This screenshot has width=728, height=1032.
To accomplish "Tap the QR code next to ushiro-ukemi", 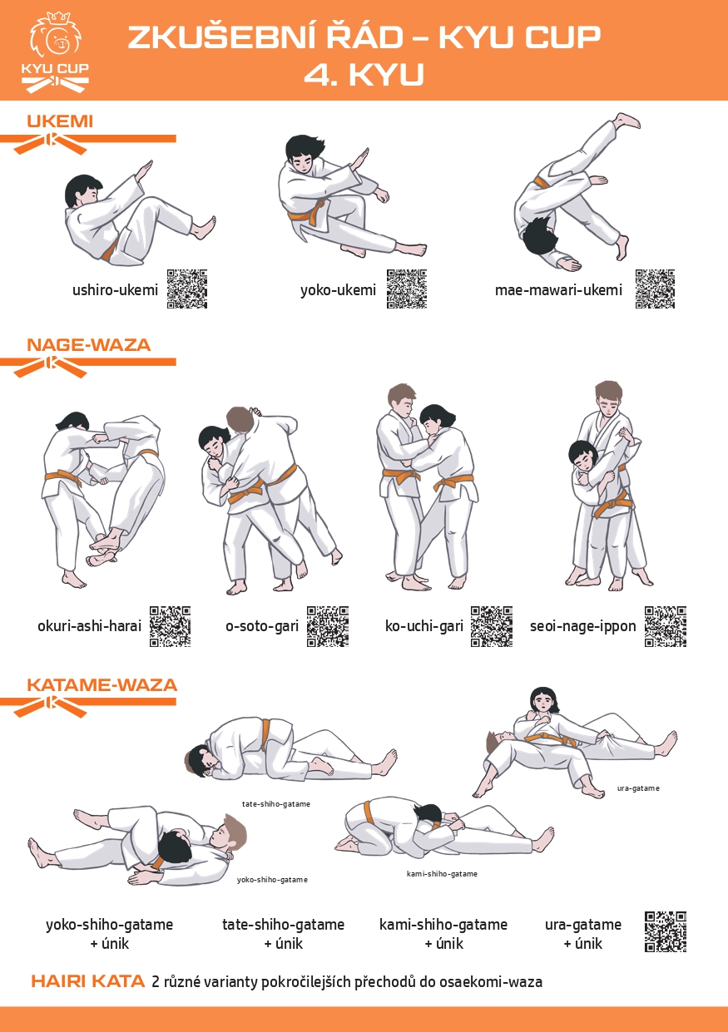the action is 186,289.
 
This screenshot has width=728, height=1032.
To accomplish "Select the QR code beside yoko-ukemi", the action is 407,289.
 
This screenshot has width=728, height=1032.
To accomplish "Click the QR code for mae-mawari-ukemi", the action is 655,289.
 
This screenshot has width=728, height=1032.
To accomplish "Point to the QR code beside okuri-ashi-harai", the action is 170,626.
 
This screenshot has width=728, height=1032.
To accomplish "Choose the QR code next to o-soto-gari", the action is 328,626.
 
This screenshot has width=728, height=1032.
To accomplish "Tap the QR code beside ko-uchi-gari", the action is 492,626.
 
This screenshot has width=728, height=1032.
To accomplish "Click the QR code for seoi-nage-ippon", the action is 666,626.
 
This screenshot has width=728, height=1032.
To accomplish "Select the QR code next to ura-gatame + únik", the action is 666,931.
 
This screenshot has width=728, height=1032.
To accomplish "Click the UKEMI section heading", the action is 60,121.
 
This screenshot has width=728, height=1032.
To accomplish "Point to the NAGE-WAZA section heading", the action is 89,345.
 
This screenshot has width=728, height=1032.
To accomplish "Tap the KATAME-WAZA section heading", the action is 102,685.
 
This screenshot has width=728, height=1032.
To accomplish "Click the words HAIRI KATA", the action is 88,981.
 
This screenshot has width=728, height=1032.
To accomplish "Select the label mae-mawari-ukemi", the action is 558,290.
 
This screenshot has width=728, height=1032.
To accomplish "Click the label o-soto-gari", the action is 262,626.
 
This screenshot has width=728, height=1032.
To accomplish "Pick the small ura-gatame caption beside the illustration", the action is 638,788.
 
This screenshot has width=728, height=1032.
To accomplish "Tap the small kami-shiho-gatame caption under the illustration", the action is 442,874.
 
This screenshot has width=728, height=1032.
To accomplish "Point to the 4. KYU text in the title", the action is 364,75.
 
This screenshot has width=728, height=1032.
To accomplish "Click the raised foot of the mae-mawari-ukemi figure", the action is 627,121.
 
